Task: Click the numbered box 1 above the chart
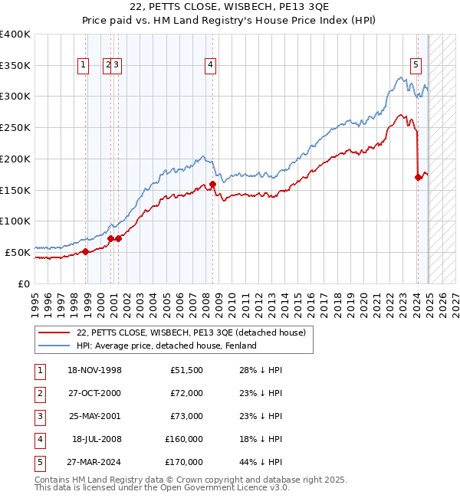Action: click(83, 65)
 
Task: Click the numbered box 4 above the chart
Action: click(209, 65)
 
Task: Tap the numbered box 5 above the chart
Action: click(416, 65)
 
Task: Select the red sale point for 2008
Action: click(212, 184)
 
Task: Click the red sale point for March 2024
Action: click(418, 178)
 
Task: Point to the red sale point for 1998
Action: click(86, 251)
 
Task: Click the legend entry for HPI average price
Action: click(166, 346)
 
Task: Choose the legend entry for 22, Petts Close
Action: click(191, 333)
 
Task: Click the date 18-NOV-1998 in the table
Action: click(95, 370)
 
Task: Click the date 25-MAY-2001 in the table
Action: click(95, 416)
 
